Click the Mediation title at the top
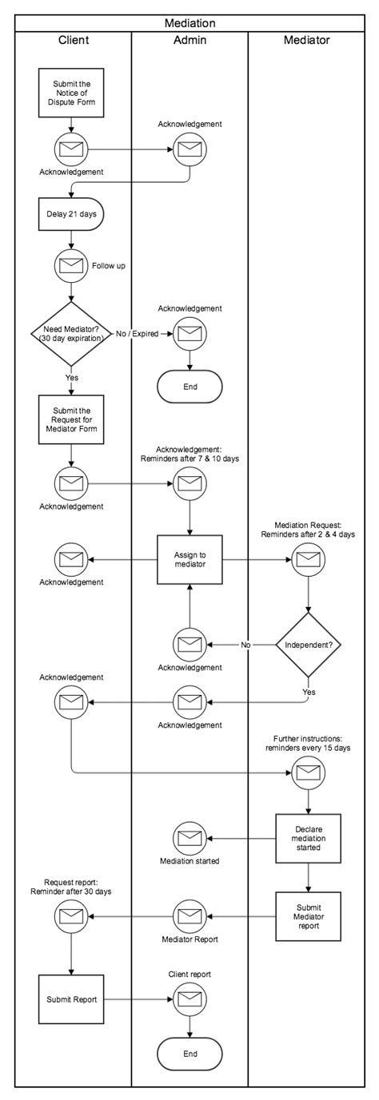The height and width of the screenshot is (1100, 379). [189, 23]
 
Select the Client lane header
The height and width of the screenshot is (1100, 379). [74, 39]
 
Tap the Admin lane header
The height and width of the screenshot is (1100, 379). [189, 39]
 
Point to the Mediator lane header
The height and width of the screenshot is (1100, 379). [306, 39]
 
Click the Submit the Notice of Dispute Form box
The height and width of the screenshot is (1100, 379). [72, 92]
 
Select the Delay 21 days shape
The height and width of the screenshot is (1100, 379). [72, 213]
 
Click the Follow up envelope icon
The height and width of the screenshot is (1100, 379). [72, 264]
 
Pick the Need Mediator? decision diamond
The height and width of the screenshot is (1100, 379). [72, 334]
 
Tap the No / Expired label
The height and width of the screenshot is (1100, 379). [137, 334]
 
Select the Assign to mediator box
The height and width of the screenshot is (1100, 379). [189, 561]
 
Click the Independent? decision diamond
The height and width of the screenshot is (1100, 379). [308, 644]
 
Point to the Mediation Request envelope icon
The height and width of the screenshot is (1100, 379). [308, 560]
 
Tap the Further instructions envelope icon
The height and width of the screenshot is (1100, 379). [308, 772]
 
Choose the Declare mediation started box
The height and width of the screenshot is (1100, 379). [308, 839]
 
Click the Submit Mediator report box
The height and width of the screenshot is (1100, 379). [308, 915]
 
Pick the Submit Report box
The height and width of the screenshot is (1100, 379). [72, 999]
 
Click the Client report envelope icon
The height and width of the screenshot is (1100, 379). [189, 999]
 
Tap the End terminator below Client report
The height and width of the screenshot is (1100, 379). [189, 1054]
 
